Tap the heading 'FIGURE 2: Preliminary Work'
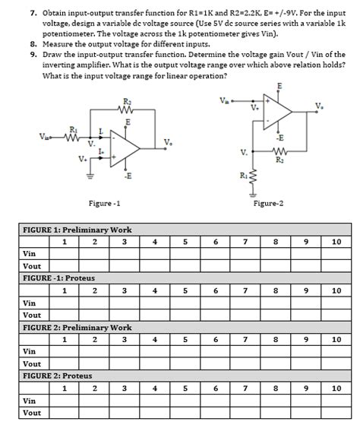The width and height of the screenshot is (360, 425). [77, 327]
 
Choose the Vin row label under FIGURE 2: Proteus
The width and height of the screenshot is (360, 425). [30, 400]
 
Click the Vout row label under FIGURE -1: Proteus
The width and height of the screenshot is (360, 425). [32, 314]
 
